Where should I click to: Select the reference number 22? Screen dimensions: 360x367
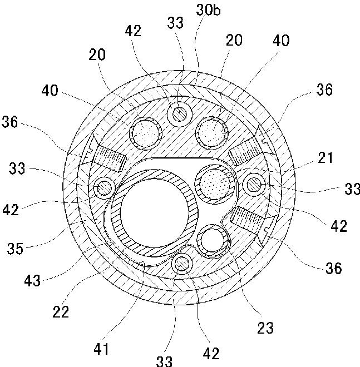point(61,311)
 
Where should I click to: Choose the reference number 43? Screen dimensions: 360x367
point(33,280)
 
